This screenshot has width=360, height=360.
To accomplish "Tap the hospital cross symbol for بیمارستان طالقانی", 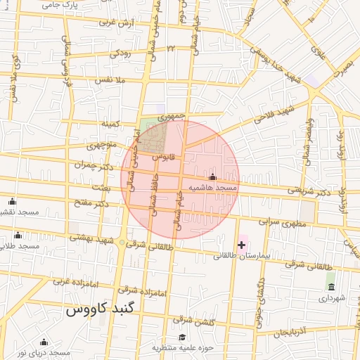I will pyautogui.click(x=242, y=245).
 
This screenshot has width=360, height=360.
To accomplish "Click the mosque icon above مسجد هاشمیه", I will pyautogui.click(x=213, y=177).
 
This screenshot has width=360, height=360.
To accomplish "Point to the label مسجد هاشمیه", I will pyautogui.click(x=212, y=188).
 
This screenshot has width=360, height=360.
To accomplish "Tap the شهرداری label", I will pyautogui.click(x=329, y=298).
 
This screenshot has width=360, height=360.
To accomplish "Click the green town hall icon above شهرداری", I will pyautogui.click(x=330, y=286).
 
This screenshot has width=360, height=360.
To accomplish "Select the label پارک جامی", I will pyautogui.click(x=59, y=4).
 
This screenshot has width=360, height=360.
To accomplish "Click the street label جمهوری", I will pyautogui.click(x=173, y=115).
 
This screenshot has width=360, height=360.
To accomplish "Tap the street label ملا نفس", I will pyautogui.click(x=112, y=81).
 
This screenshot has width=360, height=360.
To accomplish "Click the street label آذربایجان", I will pyautogui.click(x=291, y=331).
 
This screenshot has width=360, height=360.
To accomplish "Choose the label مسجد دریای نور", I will pyautogui.click(x=44, y=352).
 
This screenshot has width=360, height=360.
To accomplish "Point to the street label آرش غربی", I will pyautogui.click(x=116, y=23).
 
